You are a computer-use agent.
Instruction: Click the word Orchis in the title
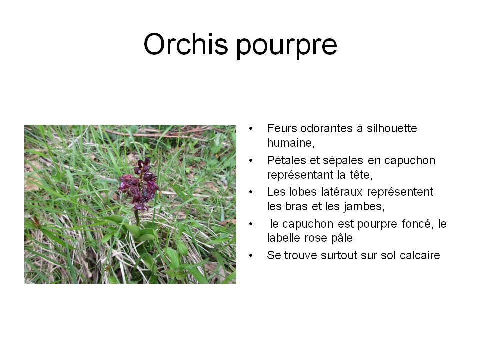pyautogui.click(x=186, y=44)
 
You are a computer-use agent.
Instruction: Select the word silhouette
pyautogui.click(x=392, y=128)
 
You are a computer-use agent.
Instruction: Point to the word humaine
pyautogui.click(x=290, y=143)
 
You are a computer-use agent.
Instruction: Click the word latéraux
pyautogui.click(x=342, y=192)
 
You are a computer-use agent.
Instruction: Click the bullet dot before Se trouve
pyautogui.click(x=251, y=255)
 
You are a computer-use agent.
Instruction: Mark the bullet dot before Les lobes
pyautogui.click(x=251, y=192)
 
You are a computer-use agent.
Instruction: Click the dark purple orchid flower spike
pyautogui.click(x=140, y=185)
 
